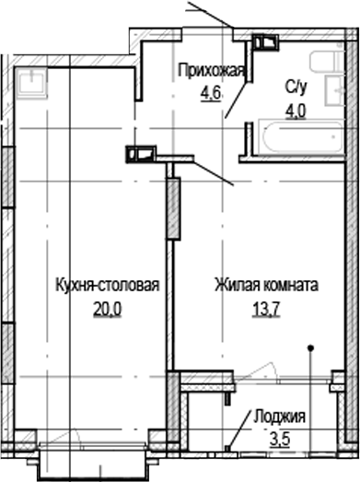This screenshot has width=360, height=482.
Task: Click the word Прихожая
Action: (x=211, y=72)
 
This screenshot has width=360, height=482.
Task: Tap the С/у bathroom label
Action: (x=295, y=87)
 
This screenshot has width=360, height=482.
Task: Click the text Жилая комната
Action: (x=267, y=285)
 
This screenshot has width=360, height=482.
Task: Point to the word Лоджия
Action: (x=282, y=417)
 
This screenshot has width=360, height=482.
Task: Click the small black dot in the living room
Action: (x=310, y=347)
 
